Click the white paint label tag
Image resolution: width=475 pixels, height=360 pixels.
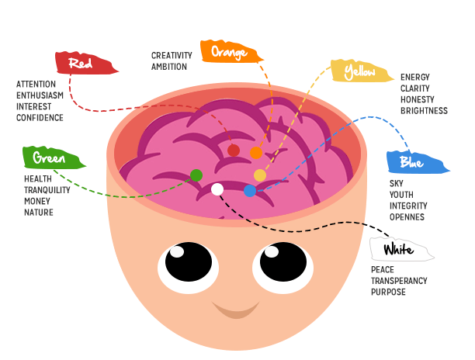click(401, 250)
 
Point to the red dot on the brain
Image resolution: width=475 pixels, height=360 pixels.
click(234, 150)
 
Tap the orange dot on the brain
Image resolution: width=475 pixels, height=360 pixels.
click(256, 153)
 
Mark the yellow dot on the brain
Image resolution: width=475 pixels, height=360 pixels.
click(260, 175)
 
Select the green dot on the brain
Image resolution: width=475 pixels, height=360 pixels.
click(196, 175)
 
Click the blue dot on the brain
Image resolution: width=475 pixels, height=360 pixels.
click(250, 191)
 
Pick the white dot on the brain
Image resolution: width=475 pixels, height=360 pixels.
click(217, 189)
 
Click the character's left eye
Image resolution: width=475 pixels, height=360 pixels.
click(184, 265)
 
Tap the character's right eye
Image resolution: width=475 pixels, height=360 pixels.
click(283, 265)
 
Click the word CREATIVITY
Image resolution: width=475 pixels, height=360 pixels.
click(172, 55)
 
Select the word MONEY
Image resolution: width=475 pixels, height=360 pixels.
click(38, 201)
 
